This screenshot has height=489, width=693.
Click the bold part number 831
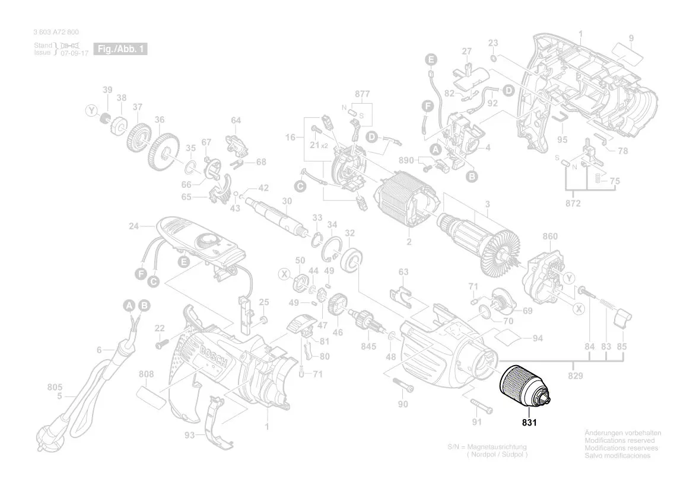tap(529, 423)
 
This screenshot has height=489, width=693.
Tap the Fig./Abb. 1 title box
tap(121, 49)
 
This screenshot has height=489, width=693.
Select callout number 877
tap(362, 94)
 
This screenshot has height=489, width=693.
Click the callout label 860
tap(550, 236)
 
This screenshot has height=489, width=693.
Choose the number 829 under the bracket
tap(575, 376)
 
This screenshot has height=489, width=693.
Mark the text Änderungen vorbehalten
tap(622, 433)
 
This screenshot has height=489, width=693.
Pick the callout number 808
tap(146, 374)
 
